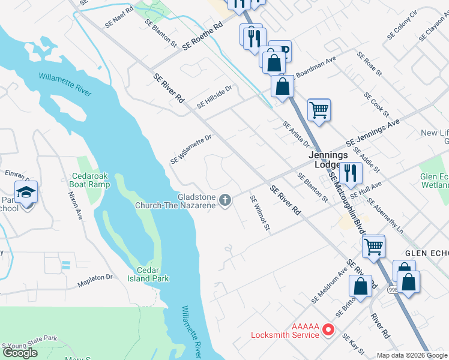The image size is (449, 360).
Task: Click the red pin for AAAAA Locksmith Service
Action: [328, 329]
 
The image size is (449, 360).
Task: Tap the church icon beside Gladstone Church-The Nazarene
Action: [225, 200]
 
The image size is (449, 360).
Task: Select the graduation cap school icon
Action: [26, 193]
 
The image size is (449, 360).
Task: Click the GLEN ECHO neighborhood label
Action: [427, 254]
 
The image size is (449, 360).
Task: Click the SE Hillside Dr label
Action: [214, 96]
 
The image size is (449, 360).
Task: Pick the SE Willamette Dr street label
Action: [191, 149]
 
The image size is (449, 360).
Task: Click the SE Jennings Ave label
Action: [373, 134]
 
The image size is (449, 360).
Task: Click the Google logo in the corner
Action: [20, 353]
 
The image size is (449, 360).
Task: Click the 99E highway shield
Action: [392, 290]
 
